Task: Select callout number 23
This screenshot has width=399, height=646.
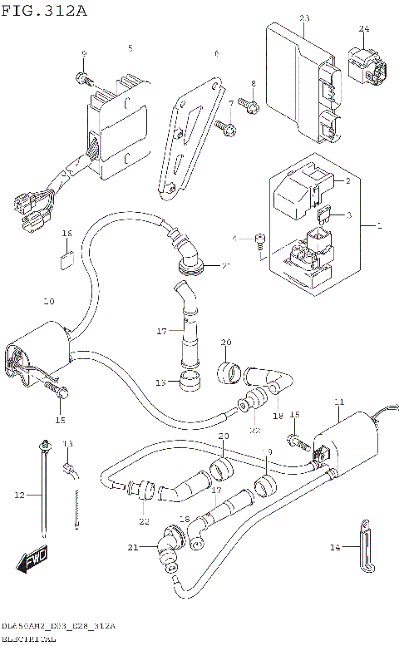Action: coord(303,18)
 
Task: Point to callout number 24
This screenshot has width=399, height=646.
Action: coord(363,29)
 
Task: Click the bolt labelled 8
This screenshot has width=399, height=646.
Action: coord(248,106)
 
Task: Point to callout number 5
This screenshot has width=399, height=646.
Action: coord(130,48)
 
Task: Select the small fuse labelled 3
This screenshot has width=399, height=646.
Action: coord(326,215)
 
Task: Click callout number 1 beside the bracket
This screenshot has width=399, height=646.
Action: coord(380,226)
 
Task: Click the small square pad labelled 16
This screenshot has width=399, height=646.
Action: coord(67,257)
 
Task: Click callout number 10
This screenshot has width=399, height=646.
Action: coord(48,301)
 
